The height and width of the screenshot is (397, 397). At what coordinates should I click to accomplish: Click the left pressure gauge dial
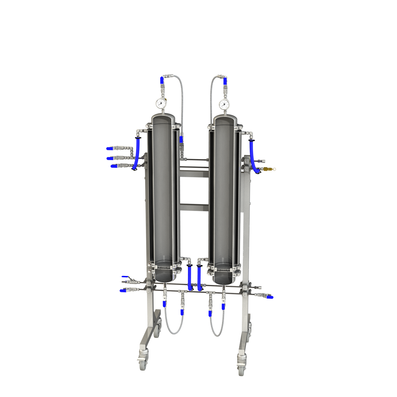coord(161,103)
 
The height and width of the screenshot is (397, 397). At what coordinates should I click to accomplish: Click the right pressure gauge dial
coord(224,104)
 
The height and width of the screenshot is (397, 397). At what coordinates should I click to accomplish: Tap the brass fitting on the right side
coord(266,169)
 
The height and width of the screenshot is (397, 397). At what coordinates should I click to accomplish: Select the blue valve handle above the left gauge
coord(162,80)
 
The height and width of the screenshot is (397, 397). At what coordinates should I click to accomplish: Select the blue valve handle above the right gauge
coord(225,81)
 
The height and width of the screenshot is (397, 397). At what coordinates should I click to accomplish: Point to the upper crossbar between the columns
coord(194,174)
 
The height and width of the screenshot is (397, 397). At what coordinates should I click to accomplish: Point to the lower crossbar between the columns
coord(194,208)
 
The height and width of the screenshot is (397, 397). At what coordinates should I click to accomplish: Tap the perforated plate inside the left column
coord(164,266)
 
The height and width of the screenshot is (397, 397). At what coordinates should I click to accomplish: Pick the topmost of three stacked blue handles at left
coord(110,149)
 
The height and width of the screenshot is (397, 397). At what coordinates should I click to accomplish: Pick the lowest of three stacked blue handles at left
coord(114,166)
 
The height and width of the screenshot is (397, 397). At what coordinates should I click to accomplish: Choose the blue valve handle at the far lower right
coord(270,297)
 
